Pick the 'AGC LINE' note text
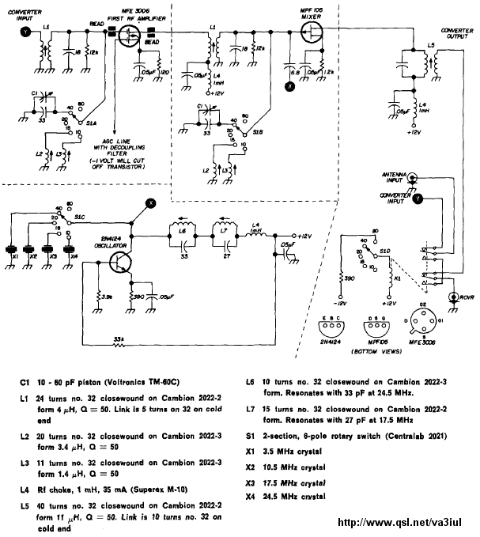[139, 148]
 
